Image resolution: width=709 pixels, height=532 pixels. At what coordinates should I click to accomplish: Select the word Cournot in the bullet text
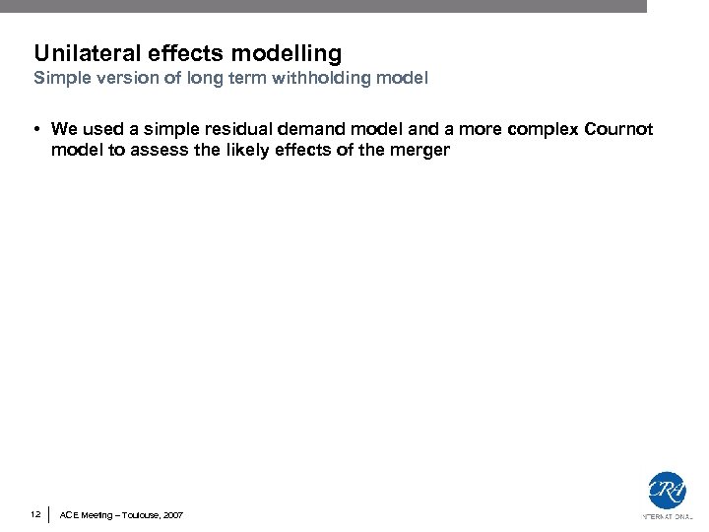coord(618,130)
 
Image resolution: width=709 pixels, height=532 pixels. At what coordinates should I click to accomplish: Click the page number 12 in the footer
coord(35,514)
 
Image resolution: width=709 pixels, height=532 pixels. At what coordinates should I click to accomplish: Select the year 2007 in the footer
coord(171,515)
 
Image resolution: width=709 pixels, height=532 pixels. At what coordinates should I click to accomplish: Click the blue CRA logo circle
coord(667,491)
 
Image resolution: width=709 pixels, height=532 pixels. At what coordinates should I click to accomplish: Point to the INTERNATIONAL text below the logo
coord(667,516)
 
